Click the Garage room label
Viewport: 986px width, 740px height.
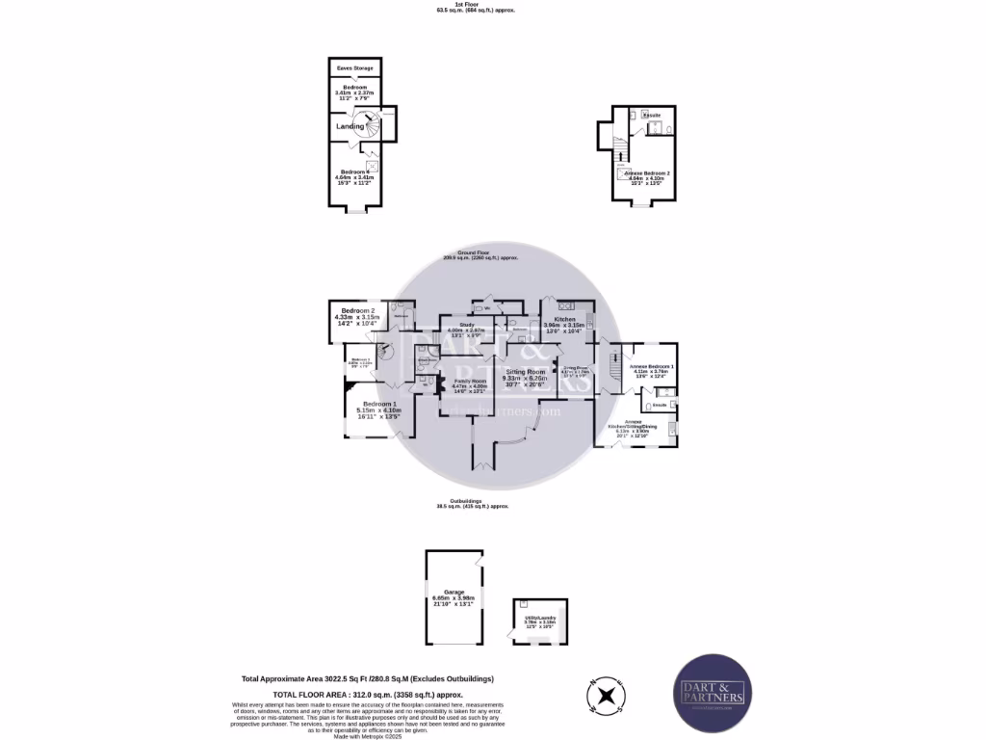click(x=454, y=592)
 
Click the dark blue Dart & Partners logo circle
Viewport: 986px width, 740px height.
click(x=712, y=694)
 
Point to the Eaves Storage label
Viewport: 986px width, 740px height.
click(x=354, y=68)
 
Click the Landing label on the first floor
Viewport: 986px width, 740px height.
click(x=350, y=126)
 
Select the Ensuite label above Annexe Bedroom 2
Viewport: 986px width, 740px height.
click(x=652, y=116)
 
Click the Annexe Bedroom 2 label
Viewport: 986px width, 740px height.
click(x=647, y=172)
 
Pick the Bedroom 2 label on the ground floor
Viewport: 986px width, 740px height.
click(x=357, y=310)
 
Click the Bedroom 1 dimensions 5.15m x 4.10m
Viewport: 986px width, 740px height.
click(x=378, y=411)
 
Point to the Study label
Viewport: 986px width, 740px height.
click(x=468, y=326)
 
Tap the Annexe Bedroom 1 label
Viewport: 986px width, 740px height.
click(x=652, y=366)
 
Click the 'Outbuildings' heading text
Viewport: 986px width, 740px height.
click(x=472, y=500)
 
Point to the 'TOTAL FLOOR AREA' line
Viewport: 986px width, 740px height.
click(x=369, y=694)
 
